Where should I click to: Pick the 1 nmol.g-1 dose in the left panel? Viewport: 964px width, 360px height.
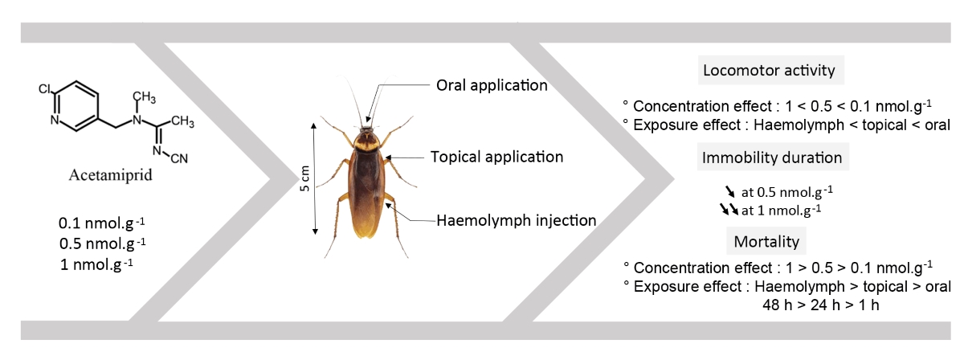click(96, 263)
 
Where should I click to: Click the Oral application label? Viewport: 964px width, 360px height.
click(492, 84)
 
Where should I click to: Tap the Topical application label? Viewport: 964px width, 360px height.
click(496, 157)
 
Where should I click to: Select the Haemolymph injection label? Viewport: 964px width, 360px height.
click(504, 219)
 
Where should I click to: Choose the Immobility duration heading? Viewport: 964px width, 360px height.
click(771, 157)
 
